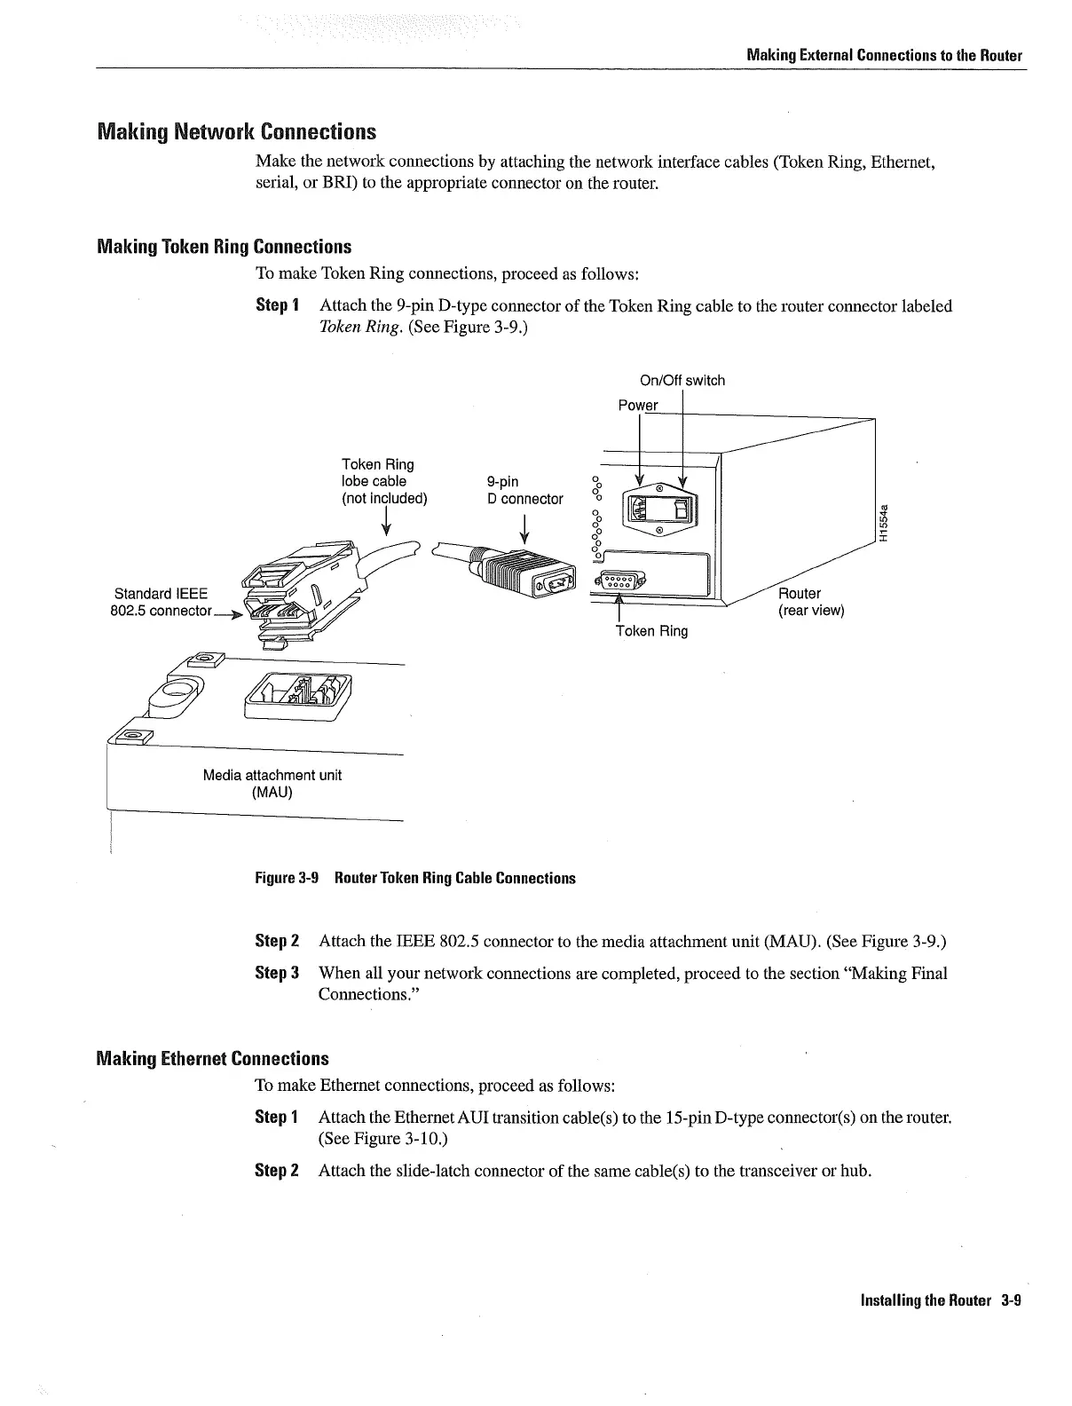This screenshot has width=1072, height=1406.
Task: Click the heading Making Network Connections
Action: [236, 132]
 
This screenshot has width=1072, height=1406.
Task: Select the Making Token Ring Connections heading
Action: [224, 247]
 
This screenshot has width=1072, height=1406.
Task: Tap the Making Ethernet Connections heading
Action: [212, 1058]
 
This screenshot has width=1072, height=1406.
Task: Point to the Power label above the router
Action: [637, 406]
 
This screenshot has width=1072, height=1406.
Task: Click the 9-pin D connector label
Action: [524, 490]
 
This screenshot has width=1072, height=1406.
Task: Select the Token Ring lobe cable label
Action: [384, 481]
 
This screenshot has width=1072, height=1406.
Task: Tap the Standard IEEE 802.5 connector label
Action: [163, 602]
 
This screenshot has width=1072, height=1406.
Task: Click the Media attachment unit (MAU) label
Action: [272, 782]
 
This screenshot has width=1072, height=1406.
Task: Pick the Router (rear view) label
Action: [810, 602]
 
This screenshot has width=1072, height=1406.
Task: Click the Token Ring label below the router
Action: [651, 631]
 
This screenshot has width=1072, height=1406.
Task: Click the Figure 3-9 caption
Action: [414, 879]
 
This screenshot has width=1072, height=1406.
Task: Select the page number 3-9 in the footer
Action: [1011, 1300]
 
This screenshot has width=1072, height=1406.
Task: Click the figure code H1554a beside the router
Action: [883, 523]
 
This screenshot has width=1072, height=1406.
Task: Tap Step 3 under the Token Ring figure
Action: [276, 973]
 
